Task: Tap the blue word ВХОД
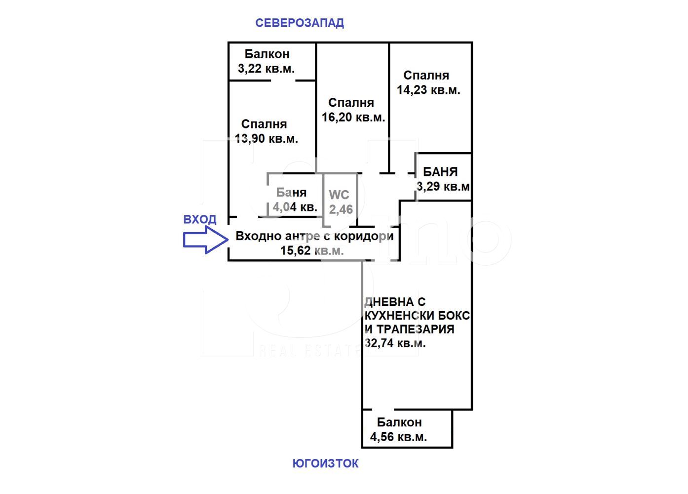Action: click(200, 219)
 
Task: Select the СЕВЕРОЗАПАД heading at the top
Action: click(300, 23)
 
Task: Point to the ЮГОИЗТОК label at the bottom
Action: click(326, 463)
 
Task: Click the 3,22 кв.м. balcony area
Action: click(267, 69)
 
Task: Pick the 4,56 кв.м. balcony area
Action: click(398, 437)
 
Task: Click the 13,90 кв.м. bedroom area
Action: click(267, 139)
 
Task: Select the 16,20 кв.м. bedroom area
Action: click(353, 117)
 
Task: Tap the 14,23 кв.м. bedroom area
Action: click(428, 90)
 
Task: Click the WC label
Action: click(339, 195)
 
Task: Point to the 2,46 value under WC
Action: click(341, 209)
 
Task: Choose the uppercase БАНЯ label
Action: click(440, 172)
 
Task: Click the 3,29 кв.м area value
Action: click(443, 186)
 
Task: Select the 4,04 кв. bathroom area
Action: click(295, 207)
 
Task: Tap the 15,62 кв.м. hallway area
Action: click(312, 250)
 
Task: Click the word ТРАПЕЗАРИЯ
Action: click(415, 329)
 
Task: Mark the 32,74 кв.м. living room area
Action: click(395, 343)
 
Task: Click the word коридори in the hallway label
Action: click(364, 237)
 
